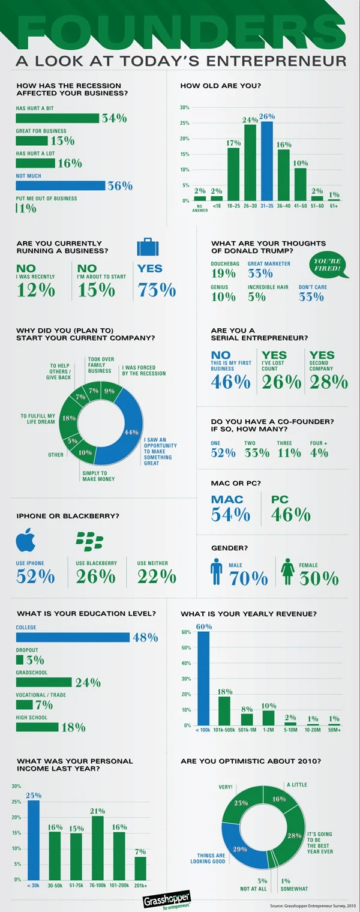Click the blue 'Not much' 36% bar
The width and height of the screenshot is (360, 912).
click(60, 185)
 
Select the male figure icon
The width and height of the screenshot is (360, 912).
click(217, 572)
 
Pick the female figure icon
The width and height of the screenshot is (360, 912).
click(287, 572)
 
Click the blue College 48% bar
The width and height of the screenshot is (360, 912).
click(73, 637)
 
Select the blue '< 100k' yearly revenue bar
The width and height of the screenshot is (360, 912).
click(204, 679)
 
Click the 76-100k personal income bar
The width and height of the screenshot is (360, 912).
click(98, 847)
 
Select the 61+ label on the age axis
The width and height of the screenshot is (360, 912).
click(334, 205)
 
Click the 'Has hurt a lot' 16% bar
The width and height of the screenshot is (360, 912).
click(35, 163)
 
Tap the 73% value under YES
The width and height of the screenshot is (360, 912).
click(157, 290)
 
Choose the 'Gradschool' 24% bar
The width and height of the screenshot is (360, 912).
click(44, 682)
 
